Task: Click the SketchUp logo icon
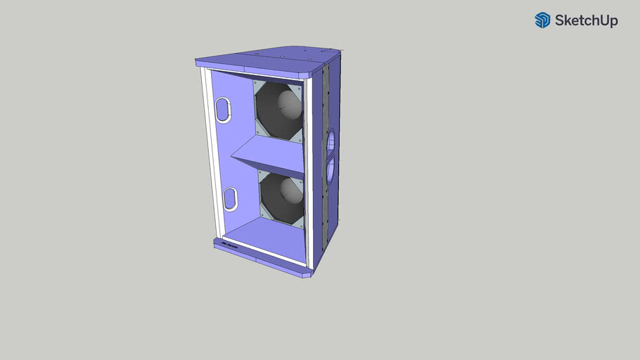[542, 20]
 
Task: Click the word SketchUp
[586, 21]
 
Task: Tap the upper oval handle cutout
[224, 109]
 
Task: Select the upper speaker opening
[279, 111]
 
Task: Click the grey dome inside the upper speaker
[289, 104]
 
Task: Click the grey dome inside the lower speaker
[290, 190]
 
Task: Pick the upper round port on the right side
[331, 141]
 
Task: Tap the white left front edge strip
[210, 155]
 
